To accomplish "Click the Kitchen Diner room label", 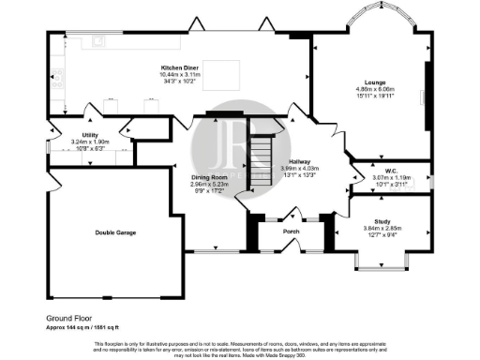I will click(177, 67).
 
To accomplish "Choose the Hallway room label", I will click(300, 161).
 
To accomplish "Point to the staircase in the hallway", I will click(259, 150).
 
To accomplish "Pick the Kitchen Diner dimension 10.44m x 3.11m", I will click(177, 74).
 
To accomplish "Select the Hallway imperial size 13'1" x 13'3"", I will click(300, 174).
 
